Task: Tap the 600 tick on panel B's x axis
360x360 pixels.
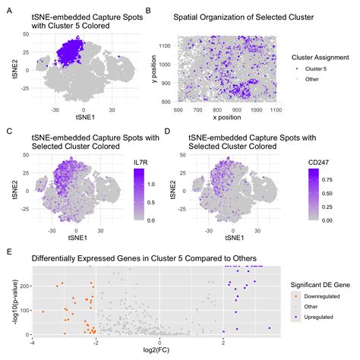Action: [x=179, y=109]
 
